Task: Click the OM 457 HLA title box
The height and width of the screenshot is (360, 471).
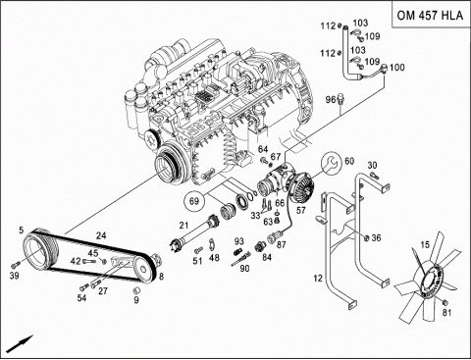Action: (431, 15)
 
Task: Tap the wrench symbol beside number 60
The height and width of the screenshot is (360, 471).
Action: (331, 164)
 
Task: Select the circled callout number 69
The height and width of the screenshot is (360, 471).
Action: (194, 200)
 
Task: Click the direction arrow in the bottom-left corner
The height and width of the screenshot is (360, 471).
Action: (20, 343)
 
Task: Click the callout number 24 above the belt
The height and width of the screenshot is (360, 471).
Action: (101, 235)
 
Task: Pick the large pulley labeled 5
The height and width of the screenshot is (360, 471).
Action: (41, 250)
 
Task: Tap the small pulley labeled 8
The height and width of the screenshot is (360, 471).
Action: (145, 269)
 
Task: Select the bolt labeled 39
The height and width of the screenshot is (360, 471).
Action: (15, 264)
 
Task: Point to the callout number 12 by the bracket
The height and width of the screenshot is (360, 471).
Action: (318, 279)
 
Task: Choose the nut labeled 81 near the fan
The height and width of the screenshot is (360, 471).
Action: (445, 301)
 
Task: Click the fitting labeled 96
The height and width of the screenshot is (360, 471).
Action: (340, 99)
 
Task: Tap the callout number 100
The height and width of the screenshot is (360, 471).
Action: (397, 68)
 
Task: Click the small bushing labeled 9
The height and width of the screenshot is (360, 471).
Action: (136, 289)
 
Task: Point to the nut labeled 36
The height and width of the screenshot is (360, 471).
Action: (366, 237)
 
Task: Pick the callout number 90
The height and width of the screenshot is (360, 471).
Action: (244, 269)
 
